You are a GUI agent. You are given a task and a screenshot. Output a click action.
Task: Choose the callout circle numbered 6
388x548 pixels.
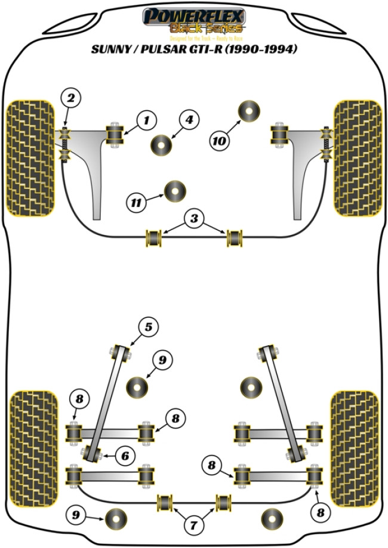tap(124, 456)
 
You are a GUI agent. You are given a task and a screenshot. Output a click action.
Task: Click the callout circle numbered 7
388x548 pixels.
tap(193, 525)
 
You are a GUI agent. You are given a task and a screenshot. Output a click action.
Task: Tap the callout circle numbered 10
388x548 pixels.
tap(219, 141)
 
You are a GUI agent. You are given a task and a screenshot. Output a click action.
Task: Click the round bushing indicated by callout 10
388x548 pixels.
tap(250, 111)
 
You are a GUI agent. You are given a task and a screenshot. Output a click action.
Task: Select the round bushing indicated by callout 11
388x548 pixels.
tap(175, 191)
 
